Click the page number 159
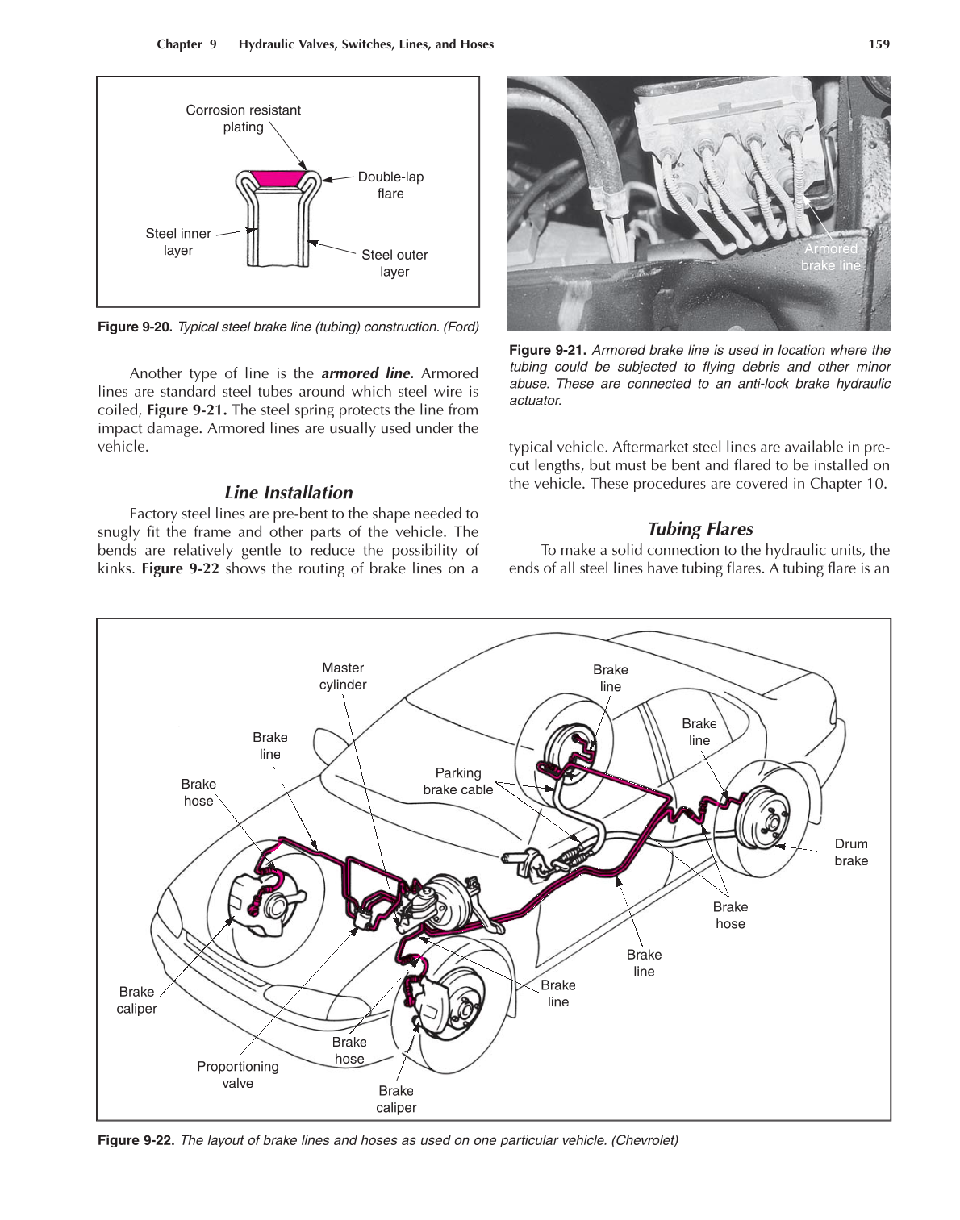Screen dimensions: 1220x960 point(879,44)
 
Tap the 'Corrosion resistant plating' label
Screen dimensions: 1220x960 point(243,119)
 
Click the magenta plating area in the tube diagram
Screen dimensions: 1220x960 point(278,178)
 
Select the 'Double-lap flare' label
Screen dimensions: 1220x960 point(390,185)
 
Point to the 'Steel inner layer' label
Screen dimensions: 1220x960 point(177,242)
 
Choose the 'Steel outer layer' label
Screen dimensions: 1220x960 point(394,263)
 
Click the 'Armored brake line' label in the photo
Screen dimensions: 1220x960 point(830,256)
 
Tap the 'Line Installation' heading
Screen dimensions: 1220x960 point(288,493)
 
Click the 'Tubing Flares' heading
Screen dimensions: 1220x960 point(699,529)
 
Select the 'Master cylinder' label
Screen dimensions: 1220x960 point(343,677)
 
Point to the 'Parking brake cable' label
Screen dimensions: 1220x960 point(457,781)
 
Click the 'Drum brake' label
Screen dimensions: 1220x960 point(851,852)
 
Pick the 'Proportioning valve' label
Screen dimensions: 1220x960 point(237,1074)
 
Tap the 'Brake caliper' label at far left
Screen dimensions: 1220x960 point(136,1000)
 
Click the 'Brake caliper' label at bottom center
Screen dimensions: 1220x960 point(396,1099)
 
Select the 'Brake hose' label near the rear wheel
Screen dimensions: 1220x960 point(730,915)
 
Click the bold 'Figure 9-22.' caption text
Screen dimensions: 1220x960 point(136,1140)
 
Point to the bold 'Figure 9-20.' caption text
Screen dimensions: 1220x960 point(136,327)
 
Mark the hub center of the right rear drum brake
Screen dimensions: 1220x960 point(771,823)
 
